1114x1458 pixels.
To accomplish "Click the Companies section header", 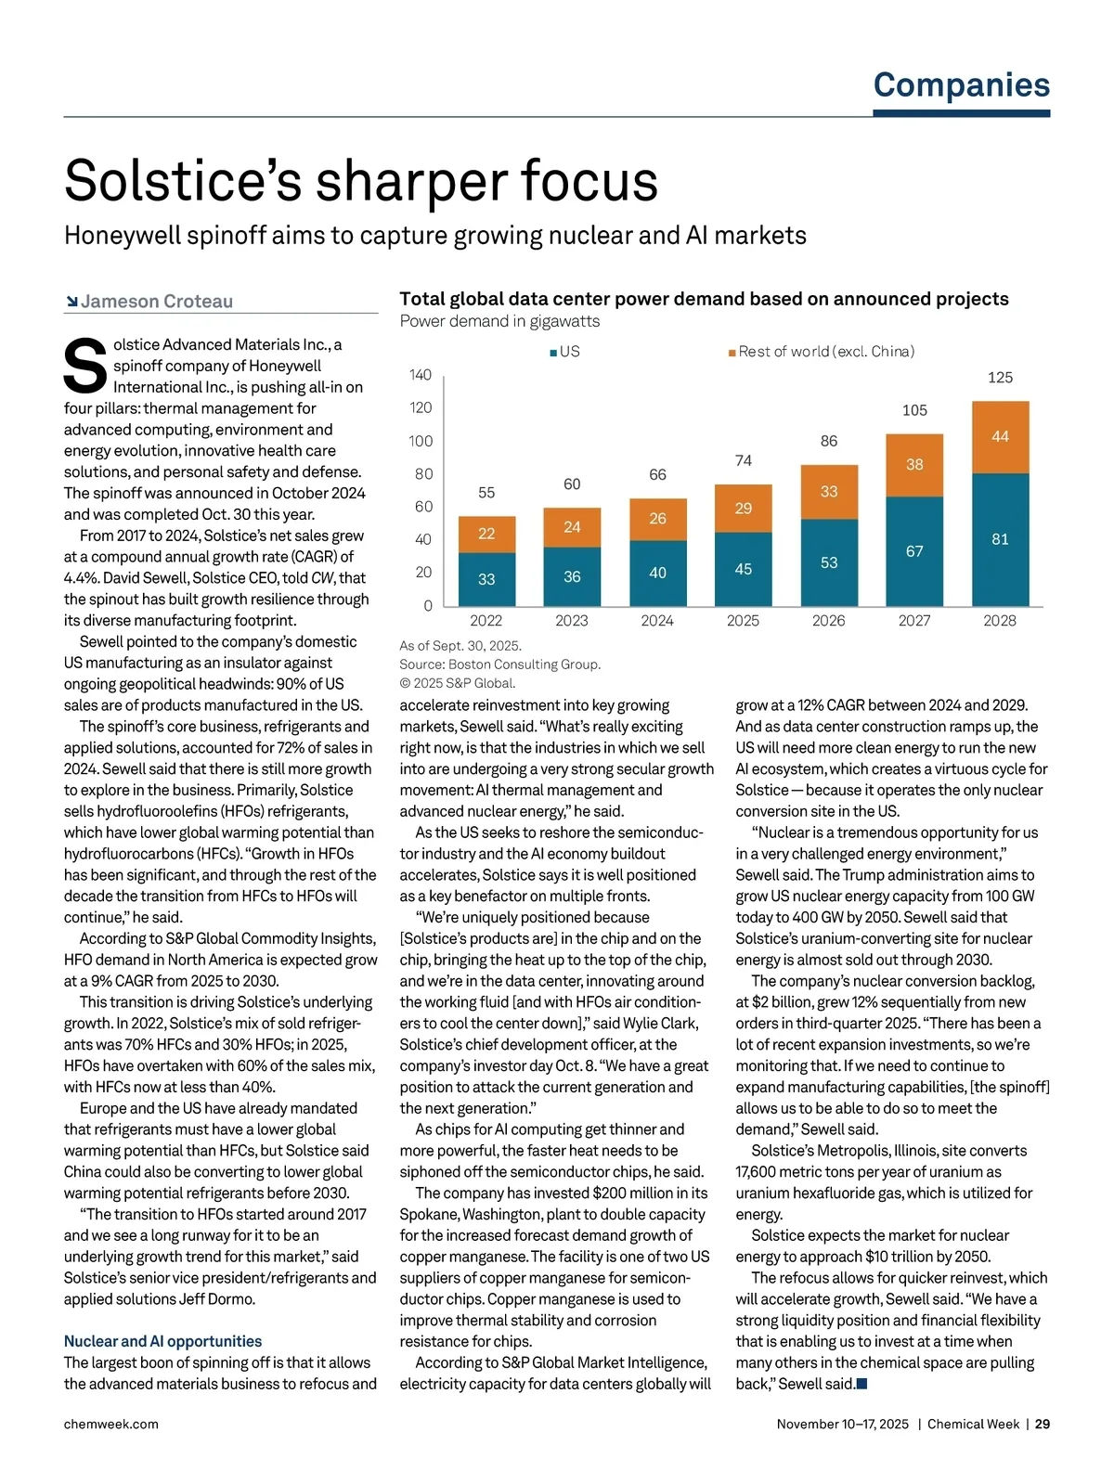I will click(x=961, y=85).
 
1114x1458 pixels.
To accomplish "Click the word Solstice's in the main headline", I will click(x=183, y=181).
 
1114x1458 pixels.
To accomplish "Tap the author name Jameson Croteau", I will click(x=156, y=302).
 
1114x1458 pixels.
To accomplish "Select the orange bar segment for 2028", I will click(x=1000, y=437).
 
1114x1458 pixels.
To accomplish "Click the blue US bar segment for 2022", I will click(x=486, y=579).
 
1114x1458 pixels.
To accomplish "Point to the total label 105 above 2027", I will click(x=914, y=410).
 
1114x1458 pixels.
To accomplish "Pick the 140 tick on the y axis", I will click(x=421, y=375).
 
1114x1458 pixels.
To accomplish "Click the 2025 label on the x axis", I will click(x=743, y=621).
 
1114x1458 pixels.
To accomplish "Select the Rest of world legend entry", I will click(x=822, y=352).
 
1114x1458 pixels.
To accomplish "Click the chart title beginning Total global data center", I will click(x=704, y=299).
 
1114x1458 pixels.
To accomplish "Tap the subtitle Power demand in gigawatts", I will click(x=499, y=321).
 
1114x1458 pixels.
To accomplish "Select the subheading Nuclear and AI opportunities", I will click(x=162, y=1341).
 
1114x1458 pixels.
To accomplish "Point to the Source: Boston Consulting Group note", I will click(x=499, y=664).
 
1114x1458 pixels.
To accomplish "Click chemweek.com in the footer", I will click(x=110, y=1424).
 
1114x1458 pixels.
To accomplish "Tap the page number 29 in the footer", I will click(x=1043, y=1424).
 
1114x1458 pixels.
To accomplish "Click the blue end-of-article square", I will click(x=861, y=1384).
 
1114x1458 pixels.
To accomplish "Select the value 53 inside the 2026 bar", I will click(x=829, y=563).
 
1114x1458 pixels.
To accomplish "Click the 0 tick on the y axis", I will click(x=428, y=606).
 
